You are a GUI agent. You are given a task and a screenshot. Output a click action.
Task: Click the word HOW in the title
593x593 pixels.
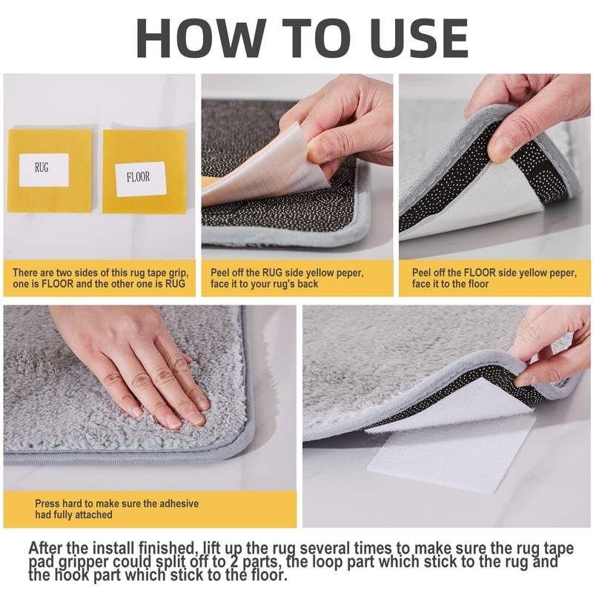(x=199, y=38)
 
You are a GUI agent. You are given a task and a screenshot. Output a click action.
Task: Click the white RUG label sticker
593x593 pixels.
(x=44, y=170)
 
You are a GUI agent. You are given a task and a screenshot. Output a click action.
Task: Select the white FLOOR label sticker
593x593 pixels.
(x=141, y=179)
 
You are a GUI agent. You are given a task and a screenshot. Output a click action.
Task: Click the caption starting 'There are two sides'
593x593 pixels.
(x=100, y=278)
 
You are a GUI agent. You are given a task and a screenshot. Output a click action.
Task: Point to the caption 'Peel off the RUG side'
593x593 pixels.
(x=287, y=278)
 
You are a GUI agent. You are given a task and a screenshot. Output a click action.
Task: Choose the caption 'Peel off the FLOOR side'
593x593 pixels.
(x=494, y=278)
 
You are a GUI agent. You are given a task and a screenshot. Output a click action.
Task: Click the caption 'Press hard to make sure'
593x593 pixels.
(x=116, y=508)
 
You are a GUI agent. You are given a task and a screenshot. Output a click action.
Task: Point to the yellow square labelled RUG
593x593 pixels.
(x=50, y=171)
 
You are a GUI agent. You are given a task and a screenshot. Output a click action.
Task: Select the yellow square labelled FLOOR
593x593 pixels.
(x=145, y=172)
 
